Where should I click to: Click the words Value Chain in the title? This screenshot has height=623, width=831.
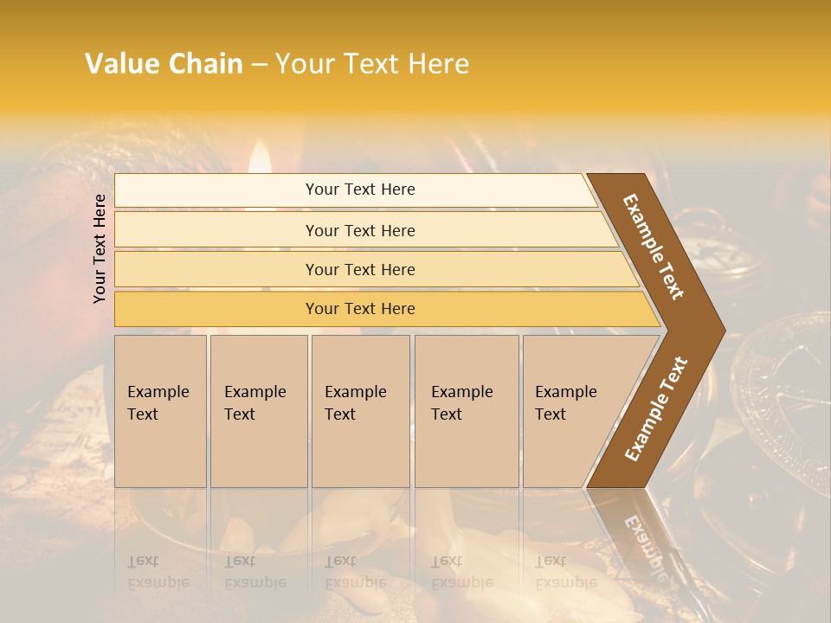click(164, 64)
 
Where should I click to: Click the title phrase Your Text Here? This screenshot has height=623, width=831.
click(372, 64)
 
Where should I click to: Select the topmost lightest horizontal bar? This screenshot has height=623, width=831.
click(359, 190)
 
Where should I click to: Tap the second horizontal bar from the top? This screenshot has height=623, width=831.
click(359, 231)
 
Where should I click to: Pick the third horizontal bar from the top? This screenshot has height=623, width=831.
click(359, 270)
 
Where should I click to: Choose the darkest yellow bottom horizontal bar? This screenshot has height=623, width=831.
click(359, 309)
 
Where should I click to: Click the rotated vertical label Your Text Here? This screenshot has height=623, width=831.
click(100, 248)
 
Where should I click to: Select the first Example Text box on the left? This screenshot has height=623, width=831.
click(160, 411)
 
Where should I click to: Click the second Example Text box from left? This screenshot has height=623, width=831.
click(258, 411)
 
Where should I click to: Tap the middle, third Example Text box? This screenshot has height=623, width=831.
click(360, 411)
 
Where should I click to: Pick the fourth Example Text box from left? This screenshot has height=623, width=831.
click(466, 411)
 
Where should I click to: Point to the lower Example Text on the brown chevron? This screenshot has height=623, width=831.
click(656, 408)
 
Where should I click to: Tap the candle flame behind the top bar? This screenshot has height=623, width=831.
click(259, 161)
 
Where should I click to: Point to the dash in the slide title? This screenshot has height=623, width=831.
click(259, 65)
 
